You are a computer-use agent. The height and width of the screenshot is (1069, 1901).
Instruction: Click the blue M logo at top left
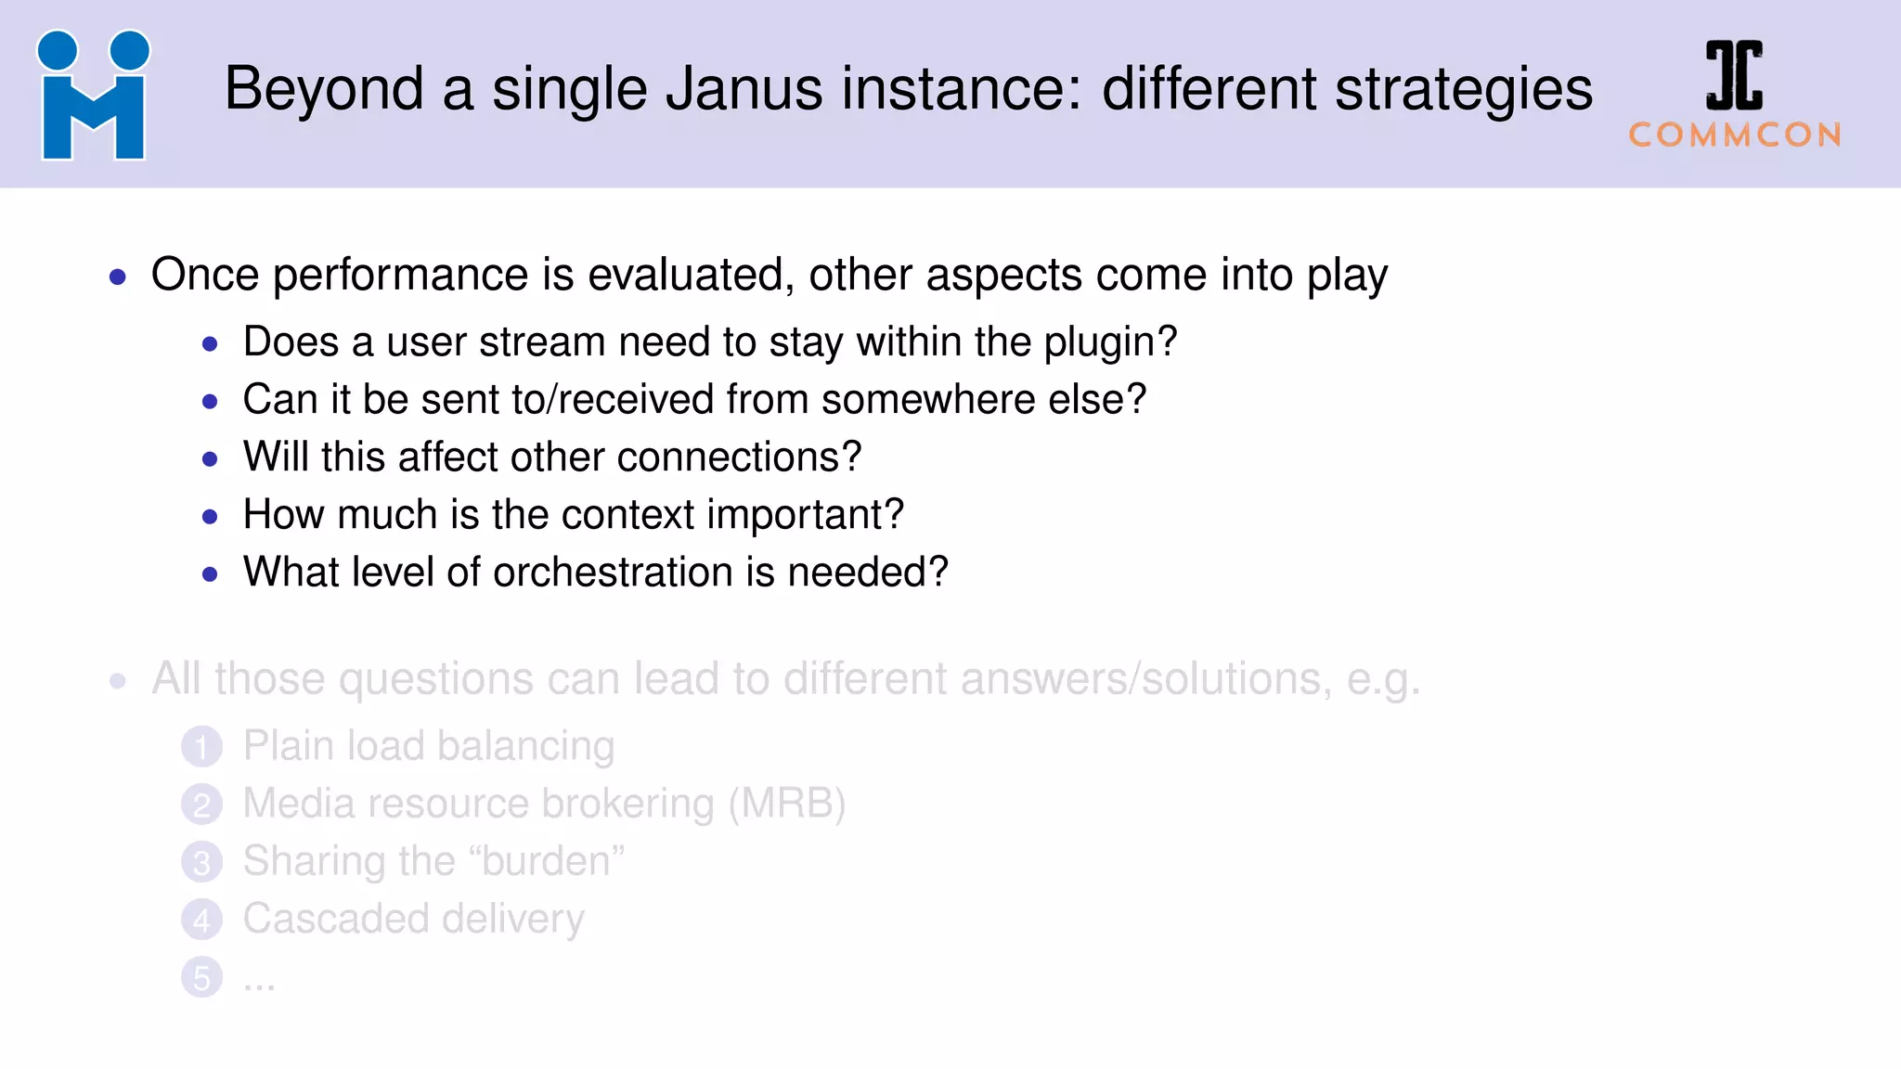pyautogui.click(x=93, y=96)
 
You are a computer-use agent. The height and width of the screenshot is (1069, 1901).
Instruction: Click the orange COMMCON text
pyautogui.click(x=1735, y=135)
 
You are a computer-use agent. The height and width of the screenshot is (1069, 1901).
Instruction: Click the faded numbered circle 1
pyautogui.click(x=202, y=747)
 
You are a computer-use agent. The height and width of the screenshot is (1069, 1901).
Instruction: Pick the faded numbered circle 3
pyautogui.click(x=202, y=862)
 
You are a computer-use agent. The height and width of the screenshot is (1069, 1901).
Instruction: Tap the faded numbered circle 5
pyautogui.click(x=202, y=977)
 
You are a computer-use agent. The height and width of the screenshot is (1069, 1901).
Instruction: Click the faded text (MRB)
pyautogui.click(x=787, y=804)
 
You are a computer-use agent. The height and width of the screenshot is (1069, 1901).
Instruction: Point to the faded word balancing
pyautogui.click(x=525, y=747)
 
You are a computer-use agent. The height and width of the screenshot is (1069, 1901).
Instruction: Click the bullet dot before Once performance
pyautogui.click(x=118, y=277)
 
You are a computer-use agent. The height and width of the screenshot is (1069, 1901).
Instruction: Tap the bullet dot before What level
pyautogui.click(x=210, y=574)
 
